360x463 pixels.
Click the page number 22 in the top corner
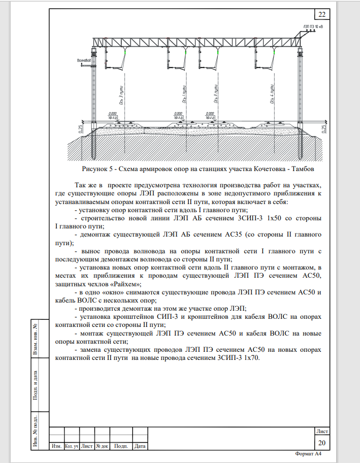click(x=322, y=14)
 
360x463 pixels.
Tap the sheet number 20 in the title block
click(x=321, y=443)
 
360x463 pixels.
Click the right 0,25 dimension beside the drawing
click(x=324, y=129)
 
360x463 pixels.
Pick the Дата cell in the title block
click(x=140, y=446)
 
